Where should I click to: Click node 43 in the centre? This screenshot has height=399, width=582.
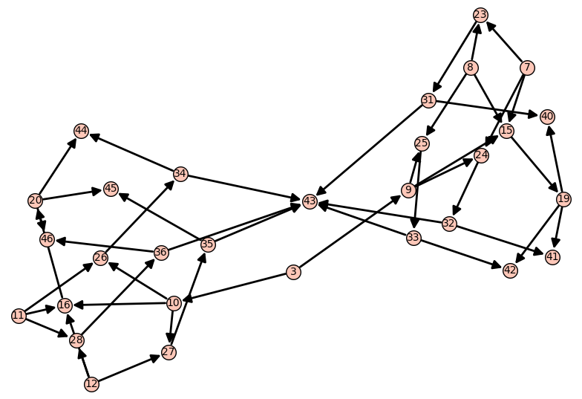click(310, 201)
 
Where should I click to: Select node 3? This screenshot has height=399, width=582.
click(293, 273)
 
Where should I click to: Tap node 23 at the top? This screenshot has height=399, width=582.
click(480, 15)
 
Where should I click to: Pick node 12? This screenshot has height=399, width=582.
click(91, 384)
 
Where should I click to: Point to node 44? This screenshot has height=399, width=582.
click(81, 132)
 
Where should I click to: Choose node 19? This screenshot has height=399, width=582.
click(563, 199)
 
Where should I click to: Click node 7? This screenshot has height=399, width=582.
click(527, 68)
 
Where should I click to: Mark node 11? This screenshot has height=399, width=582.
click(19, 317)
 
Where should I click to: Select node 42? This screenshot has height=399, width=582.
click(510, 270)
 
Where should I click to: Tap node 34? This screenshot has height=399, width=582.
click(180, 174)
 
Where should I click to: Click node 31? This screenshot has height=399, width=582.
click(428, 100)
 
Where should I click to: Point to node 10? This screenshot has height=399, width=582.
click(174, 302)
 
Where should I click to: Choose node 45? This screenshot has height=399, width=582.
click(111, 189)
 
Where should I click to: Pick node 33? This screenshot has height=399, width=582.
click(413, 238)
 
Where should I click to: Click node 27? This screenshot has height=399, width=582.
click(169, 352)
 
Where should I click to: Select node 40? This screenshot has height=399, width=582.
click(547, 116)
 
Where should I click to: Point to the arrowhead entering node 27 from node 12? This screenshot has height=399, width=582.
click(156, 357)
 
